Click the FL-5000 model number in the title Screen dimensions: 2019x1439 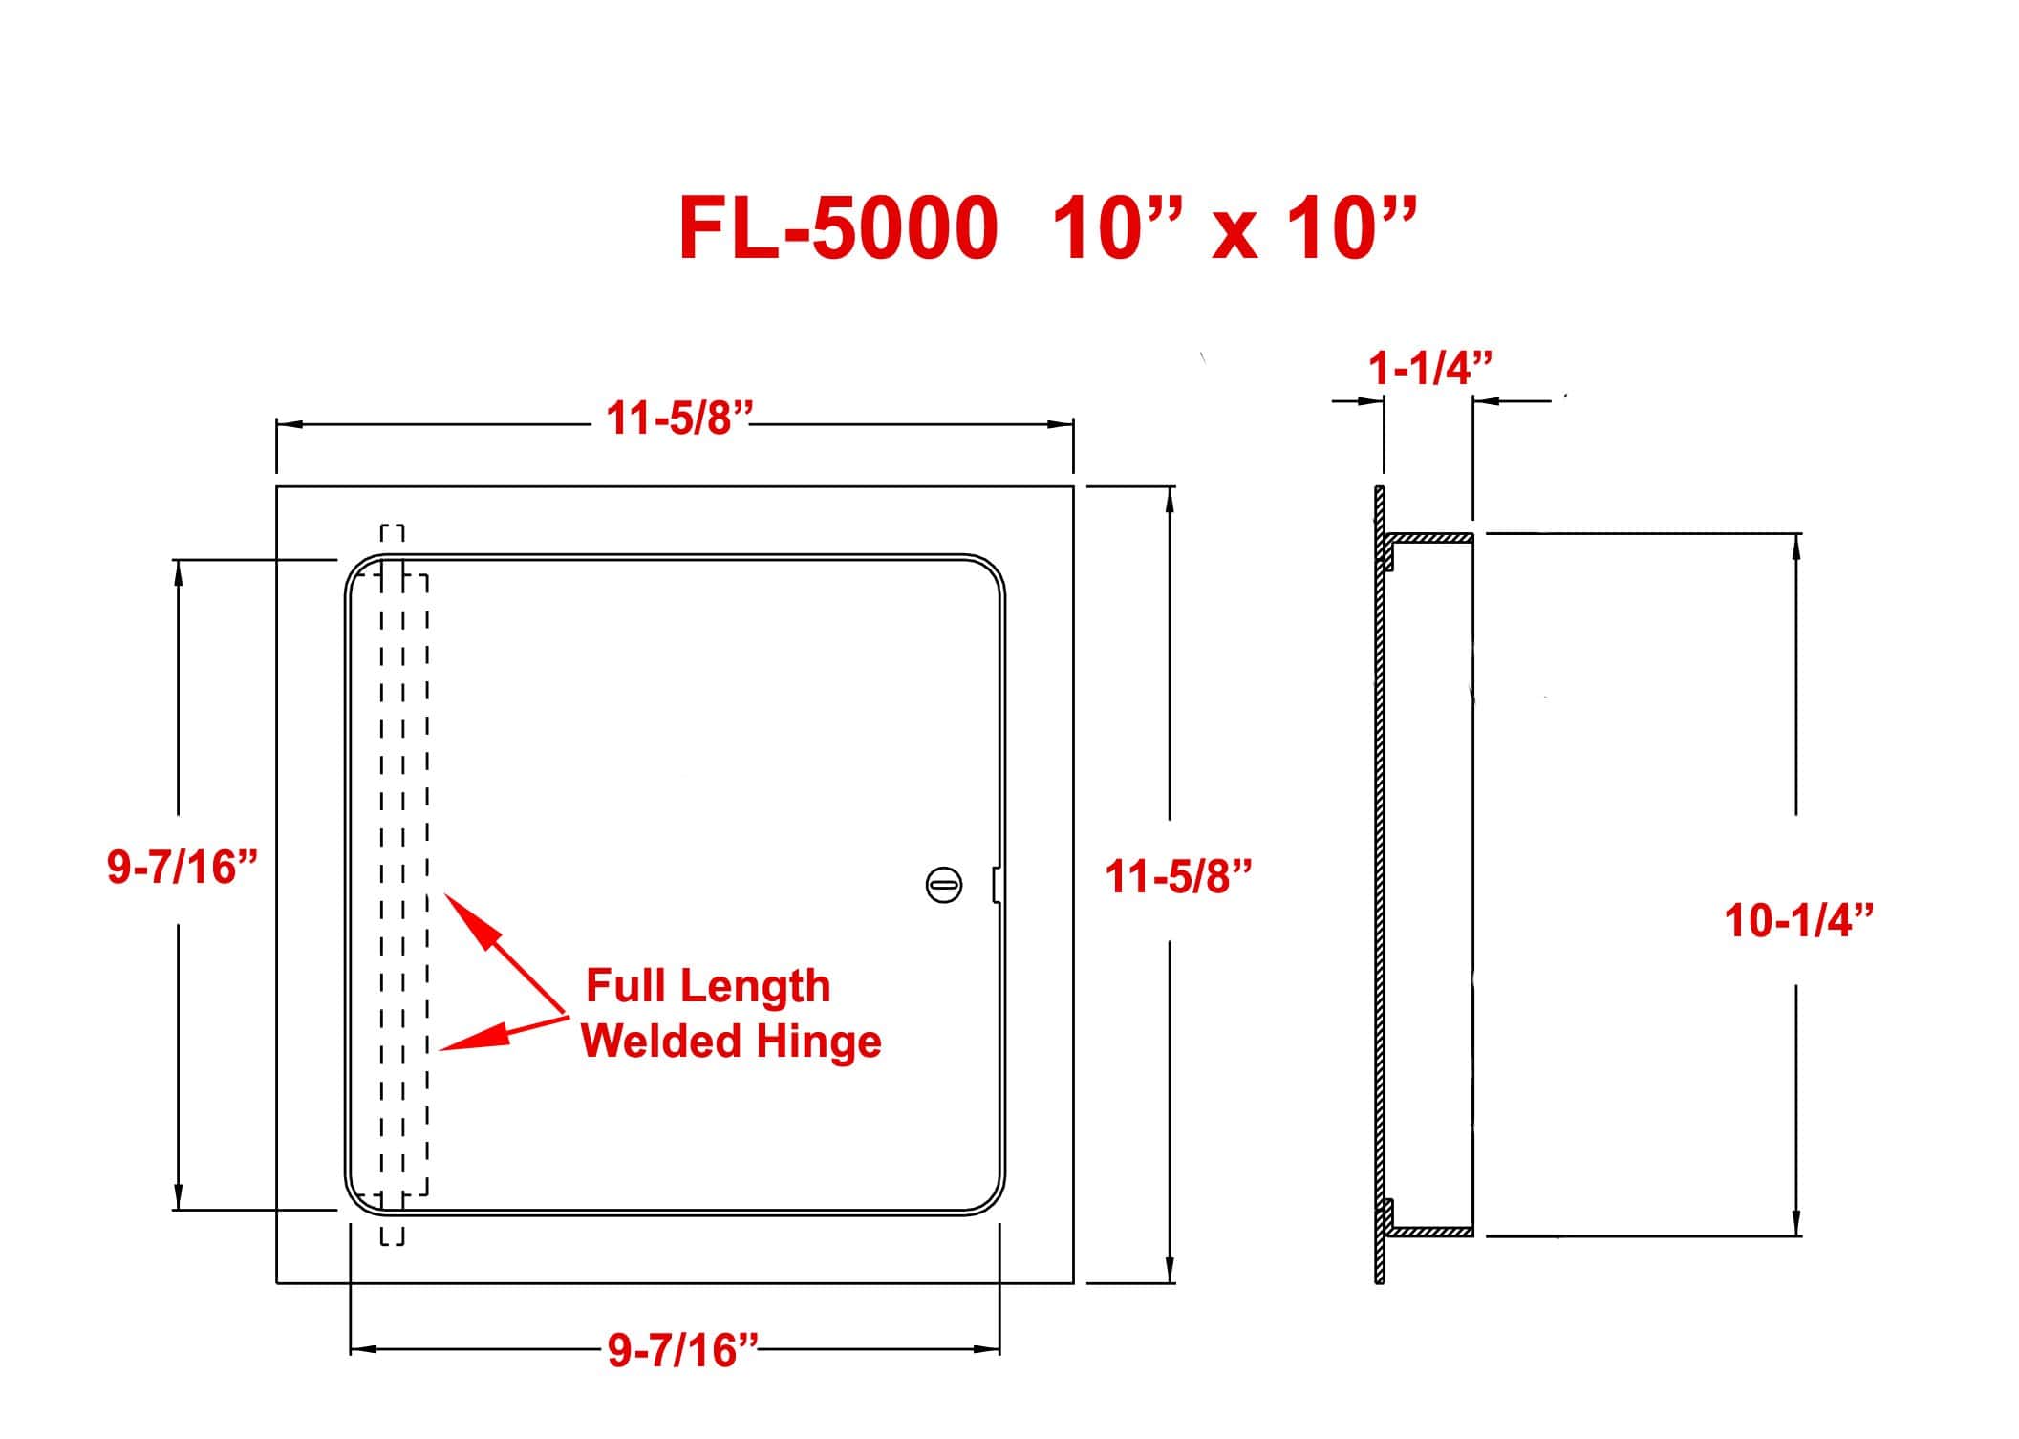838,228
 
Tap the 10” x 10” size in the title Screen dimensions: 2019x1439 1233,228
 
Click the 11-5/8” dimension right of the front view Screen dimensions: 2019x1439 1178,876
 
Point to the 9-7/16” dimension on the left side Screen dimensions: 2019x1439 183,867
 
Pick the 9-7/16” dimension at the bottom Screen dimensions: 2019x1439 682,1350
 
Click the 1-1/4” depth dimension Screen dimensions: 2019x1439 1429,367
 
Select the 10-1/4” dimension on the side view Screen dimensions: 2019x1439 1798,921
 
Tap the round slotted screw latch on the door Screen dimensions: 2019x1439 944,884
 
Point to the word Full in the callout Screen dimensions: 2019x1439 625,985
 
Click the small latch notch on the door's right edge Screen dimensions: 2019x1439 997,883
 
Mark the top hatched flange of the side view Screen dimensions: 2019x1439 1430,539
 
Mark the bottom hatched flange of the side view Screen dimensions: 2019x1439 1430,1232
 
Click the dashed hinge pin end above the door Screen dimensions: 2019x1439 393,540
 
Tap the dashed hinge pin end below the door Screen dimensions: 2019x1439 393,1230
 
